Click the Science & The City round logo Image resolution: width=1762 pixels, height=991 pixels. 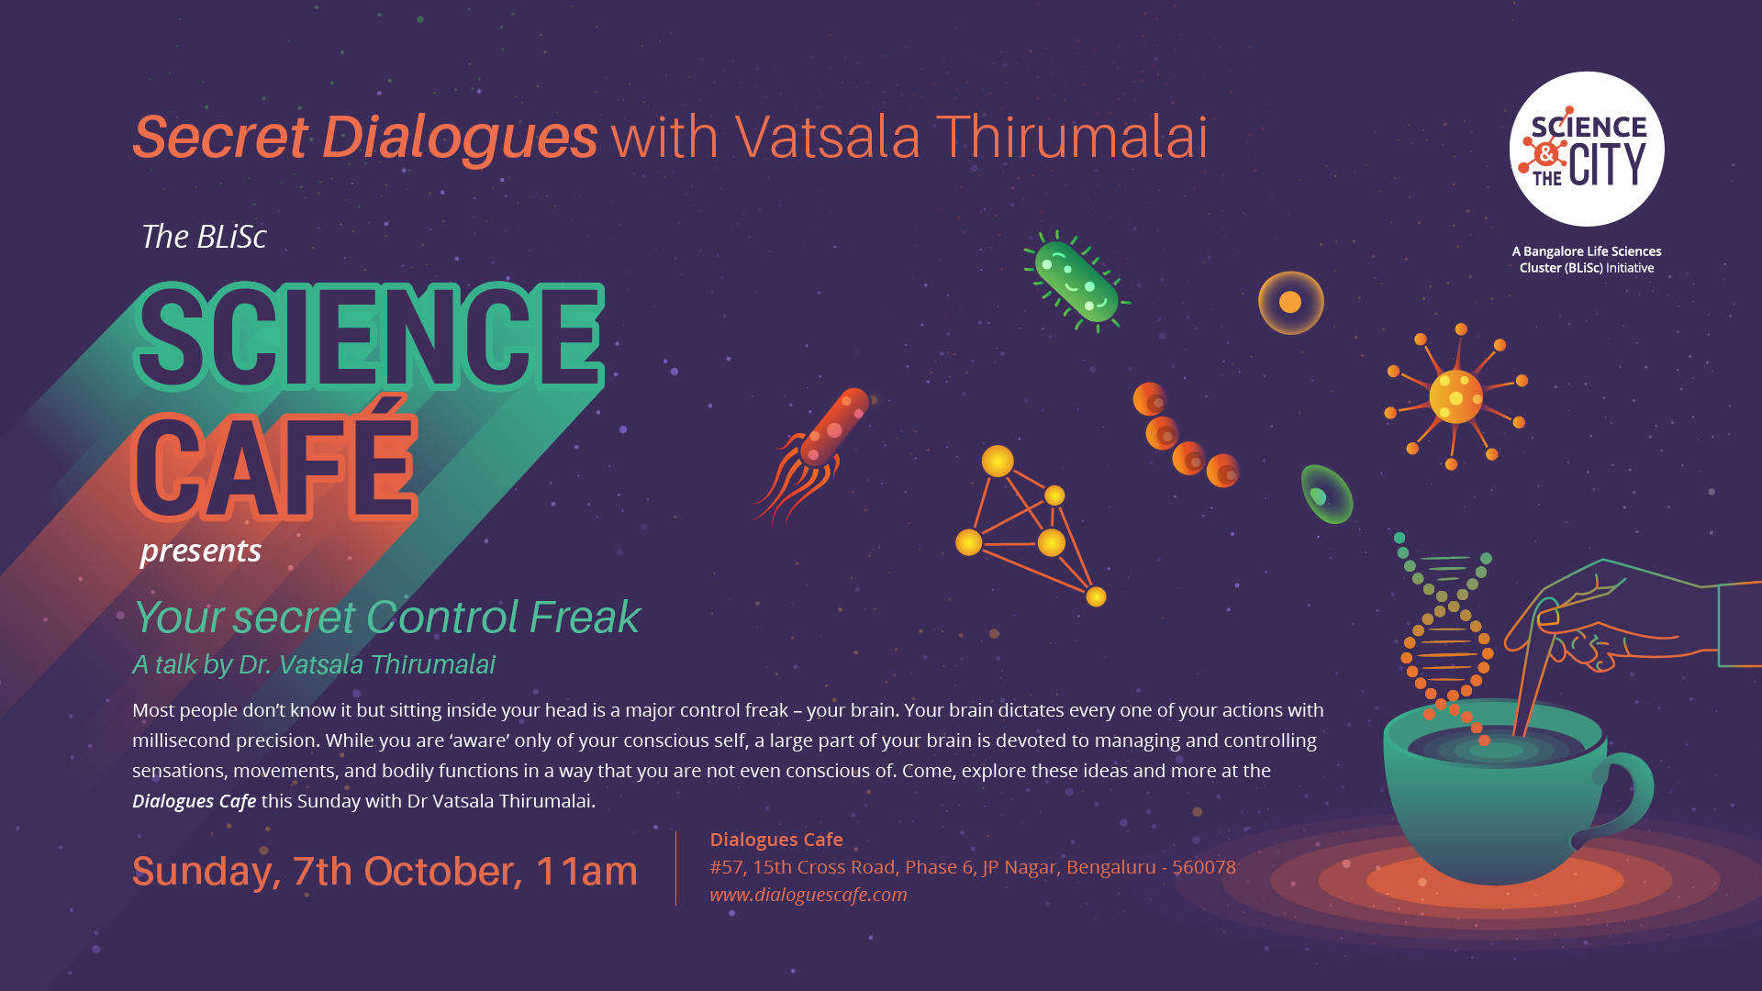pos(1587,149)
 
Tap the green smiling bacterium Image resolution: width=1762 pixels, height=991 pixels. pos(1076,281)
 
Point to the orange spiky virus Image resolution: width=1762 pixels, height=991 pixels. pos(1456,396)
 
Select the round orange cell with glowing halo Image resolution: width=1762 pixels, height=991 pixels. pos(1290,302)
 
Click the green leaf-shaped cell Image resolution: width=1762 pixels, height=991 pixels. pos(1326,494)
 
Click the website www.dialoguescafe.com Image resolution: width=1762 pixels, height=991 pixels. pos(808,895)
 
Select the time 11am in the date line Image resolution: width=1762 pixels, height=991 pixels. pos(586,871)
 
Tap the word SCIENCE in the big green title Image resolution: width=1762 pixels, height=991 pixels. pos(369,336)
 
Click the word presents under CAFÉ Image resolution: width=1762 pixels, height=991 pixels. pos(201,551)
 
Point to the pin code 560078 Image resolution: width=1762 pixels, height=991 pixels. pos(1204,867)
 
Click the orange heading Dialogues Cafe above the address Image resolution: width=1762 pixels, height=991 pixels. pos(776,840)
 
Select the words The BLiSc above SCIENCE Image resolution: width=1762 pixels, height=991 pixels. pos(204,237)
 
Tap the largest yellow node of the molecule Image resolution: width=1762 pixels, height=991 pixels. pos(998,461)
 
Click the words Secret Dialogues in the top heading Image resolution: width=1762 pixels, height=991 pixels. pos(365,138)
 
